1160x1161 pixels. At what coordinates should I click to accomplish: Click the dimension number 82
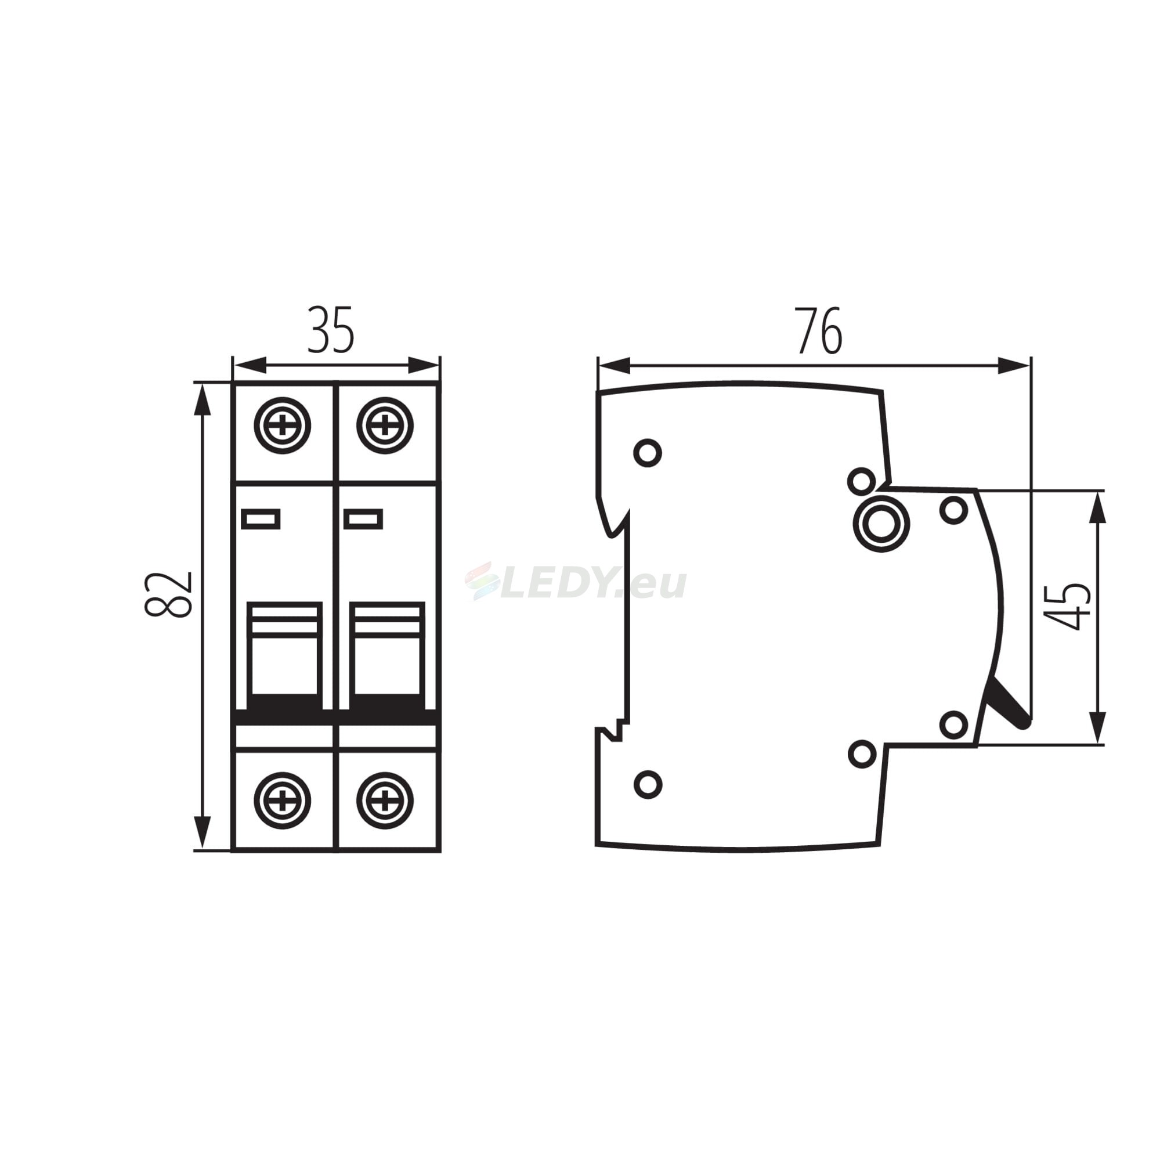(169, 594)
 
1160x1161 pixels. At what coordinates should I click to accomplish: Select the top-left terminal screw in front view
(283, 426)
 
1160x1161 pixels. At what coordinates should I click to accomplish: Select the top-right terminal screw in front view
(385, 426)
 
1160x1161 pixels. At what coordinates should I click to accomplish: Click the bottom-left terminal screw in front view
(283, 801)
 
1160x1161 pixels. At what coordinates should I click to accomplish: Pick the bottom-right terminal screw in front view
(385, 801)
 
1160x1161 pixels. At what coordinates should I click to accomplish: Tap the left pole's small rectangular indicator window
(261, 518)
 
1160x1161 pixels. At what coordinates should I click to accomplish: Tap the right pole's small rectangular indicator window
(363, 518)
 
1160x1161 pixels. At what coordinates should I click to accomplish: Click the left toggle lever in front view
(285, 655)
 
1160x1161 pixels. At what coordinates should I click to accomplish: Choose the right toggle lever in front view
(388, 655)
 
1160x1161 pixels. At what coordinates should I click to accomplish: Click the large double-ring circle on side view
(881, 524)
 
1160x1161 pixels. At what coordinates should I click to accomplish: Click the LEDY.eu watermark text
(577, 583)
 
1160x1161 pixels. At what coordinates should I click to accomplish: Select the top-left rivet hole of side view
(648, 453)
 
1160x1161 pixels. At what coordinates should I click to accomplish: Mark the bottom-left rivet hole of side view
(648, 784)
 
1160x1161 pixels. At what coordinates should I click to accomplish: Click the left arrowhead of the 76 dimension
(613, 365)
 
